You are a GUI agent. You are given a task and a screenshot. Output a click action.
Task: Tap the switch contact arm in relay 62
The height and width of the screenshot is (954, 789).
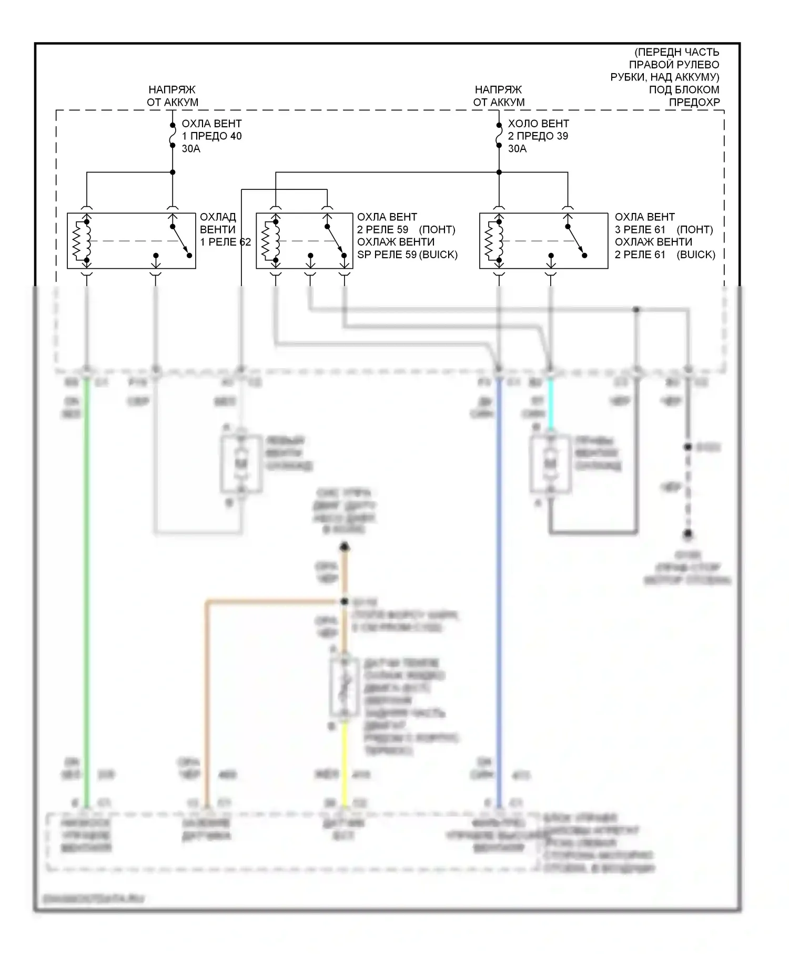pyautogui.click(x=180, y=241)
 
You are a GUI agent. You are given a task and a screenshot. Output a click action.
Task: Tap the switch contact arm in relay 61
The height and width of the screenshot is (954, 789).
pyautogui.click(x=576, y=241)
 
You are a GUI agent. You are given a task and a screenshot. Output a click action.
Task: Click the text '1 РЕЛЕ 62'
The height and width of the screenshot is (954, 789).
pyautogui.click(x=225, y=242)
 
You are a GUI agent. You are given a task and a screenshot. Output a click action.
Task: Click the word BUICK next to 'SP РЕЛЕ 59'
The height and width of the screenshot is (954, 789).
pyautogui.click(x=438, y=255)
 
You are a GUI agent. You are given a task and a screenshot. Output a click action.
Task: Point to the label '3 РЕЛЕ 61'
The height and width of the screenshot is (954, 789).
pyautogui.click(x=640, y=229)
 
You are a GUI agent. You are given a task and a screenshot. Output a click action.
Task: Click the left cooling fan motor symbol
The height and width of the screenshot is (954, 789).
pyautogui.click(x=241, y=463)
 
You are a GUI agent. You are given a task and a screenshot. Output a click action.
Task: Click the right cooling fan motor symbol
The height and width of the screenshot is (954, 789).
pyautogui.click(x=550, y=463)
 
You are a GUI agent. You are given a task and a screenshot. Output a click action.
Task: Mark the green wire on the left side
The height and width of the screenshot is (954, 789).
pyautogui.click(x=86, y=579)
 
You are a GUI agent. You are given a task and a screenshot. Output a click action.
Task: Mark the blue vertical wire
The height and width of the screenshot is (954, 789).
pyautogui.click(x=499, y=579)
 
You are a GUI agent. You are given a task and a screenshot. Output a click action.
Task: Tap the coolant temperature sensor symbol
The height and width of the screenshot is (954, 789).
pyautogui.click(x=345, y=686)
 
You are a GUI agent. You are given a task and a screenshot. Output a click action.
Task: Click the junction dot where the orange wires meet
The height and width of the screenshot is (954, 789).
pyautogui.click(x=345, y=601)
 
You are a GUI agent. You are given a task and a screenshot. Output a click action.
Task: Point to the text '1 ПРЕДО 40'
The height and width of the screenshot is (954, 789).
pyautogui.click(x=211, y=136)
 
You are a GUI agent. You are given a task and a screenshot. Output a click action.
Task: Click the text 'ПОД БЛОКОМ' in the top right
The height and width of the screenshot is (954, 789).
pyautogui.click(x=684, y=89)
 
